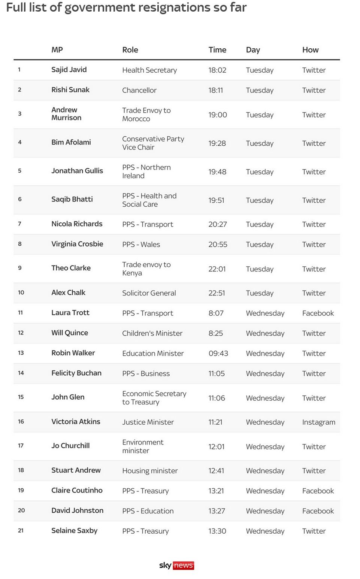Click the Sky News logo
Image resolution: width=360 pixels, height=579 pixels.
[x=176, y=565]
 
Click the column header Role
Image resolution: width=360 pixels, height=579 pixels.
[x=130, y=50]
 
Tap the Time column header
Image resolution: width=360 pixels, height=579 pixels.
[x=217, y=50]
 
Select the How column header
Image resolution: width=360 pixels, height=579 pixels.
[x=310, y=50]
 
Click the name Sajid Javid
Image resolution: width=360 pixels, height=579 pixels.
[x=69, y=70]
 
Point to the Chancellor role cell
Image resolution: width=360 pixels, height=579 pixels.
[x=139, y=90]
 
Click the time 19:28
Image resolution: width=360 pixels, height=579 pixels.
[x=217, y=143]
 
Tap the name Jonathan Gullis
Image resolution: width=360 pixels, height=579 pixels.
[x=77, y=171]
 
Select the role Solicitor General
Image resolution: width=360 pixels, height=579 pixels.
[x=149, y=293]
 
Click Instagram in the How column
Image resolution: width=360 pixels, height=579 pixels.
[x=318, y=422]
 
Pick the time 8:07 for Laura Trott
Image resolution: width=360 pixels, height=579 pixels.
[x=216, y=313]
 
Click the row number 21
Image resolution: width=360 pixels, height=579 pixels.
[x=21, y=531]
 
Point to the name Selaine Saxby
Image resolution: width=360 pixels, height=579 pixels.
[x=74, y=531]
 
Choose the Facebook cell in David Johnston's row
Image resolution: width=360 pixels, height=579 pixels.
[x=318, y=511]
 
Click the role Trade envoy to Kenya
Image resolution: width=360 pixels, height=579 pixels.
[x=146, y=269]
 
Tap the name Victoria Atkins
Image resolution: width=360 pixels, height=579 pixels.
[x=76, y=422]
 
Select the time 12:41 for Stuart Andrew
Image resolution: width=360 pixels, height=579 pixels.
[x=216, y=471]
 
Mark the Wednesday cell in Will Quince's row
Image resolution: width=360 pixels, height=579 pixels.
[x=265, y=333]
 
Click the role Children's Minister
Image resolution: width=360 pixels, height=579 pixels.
[x=152, y=333]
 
